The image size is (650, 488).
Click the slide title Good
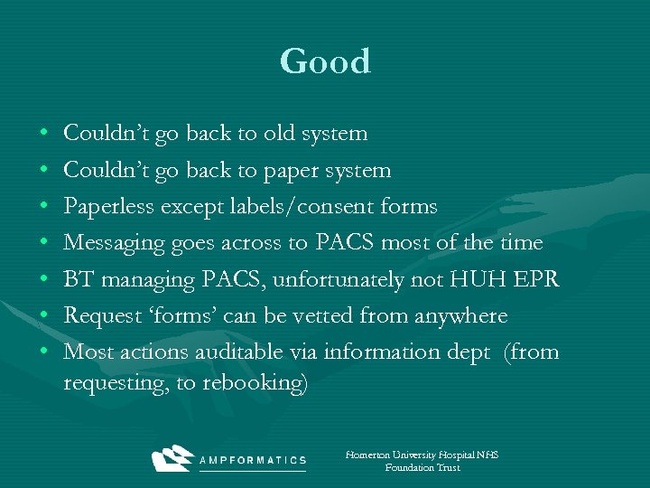(325, 61)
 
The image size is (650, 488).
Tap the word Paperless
(109, 206)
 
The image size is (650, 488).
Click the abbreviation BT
(79, 279)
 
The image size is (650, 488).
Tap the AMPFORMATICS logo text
(253, 460)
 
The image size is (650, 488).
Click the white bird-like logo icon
(172, 458)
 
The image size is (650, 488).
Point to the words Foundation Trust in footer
(422, 467)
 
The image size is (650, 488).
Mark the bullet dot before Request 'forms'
(45, 316)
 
